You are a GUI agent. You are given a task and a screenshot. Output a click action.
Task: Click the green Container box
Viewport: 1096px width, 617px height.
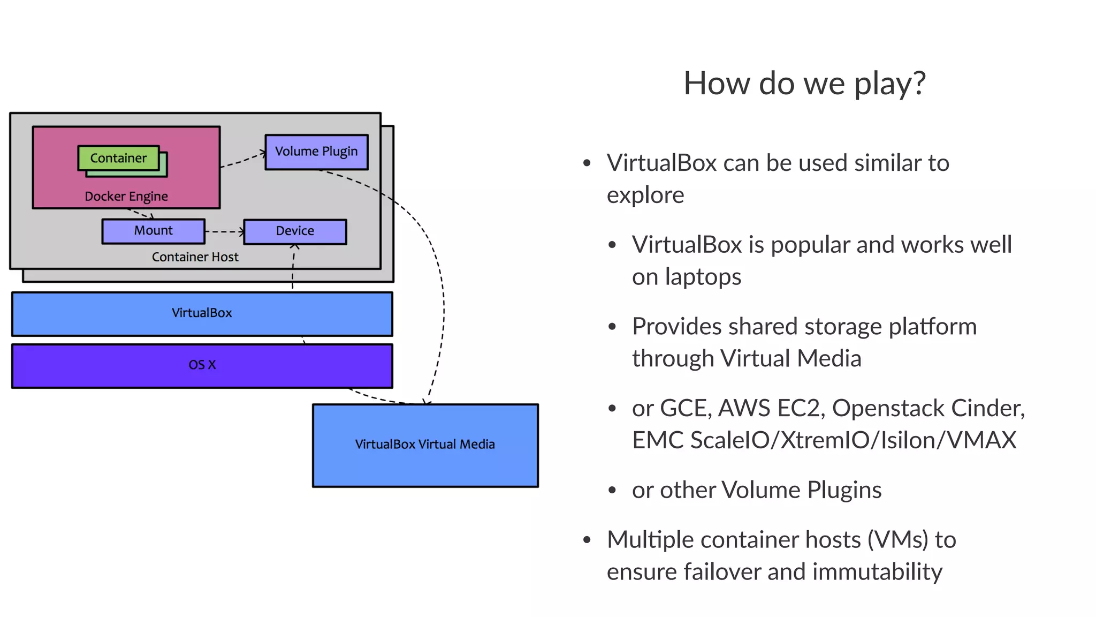coord(118,158)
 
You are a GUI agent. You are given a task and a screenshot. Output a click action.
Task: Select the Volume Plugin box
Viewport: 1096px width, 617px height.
coord(316,152)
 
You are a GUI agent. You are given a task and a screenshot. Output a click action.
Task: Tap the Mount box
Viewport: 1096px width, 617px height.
coord(153,231)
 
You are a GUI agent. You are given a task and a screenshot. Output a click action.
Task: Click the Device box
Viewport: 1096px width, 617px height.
coord(295,231)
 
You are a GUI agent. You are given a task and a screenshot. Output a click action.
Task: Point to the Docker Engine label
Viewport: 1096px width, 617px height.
coord(126,197)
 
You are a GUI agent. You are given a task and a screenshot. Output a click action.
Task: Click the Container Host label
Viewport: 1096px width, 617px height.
coord(195,257)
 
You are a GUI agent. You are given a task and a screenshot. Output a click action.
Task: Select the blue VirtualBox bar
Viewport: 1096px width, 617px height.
coord(202,313)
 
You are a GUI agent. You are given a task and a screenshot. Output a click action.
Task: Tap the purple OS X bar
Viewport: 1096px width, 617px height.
coord(202,365)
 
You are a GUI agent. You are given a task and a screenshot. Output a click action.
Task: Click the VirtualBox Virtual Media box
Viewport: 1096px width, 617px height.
coord(425,445)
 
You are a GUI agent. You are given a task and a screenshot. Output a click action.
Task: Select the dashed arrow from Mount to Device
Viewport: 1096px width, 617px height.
coord(224,232)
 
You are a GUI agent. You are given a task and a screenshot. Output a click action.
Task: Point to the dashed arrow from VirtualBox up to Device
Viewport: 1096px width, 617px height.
coord(293,268)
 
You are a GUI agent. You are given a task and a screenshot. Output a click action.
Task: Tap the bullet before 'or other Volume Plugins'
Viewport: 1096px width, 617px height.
coord(613,491)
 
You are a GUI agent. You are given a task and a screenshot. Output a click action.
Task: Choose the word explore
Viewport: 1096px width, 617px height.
coord(645,195)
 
